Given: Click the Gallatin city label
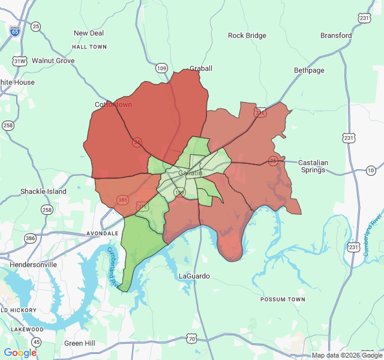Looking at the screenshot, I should (x=191, y=173).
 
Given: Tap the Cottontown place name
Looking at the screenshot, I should (x=113, y=104).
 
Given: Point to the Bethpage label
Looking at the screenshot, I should (x=309, y=70).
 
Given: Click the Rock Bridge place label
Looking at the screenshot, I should (x=247, y=35).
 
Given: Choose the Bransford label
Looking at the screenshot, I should (x=336, y=35).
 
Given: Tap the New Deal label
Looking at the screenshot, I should (x=89, y=33).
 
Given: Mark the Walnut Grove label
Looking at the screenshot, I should (x=53, y=61).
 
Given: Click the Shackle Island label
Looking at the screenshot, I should (x=43, y=191).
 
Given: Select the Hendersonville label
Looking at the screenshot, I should (x=33, y=264).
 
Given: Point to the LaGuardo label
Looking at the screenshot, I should (x=195, y=276).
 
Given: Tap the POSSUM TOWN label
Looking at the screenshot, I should (x=283, y=299).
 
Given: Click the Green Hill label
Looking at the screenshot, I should (x=80, y=343).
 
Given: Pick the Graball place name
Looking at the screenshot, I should (x=201, y=68).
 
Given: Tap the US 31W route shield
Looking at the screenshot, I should (x=20, y=61).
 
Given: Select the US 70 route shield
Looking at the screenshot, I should (x=191, y=339).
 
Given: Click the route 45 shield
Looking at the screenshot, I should (x=37, y=341).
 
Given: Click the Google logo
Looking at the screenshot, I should (x=20, y=353).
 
